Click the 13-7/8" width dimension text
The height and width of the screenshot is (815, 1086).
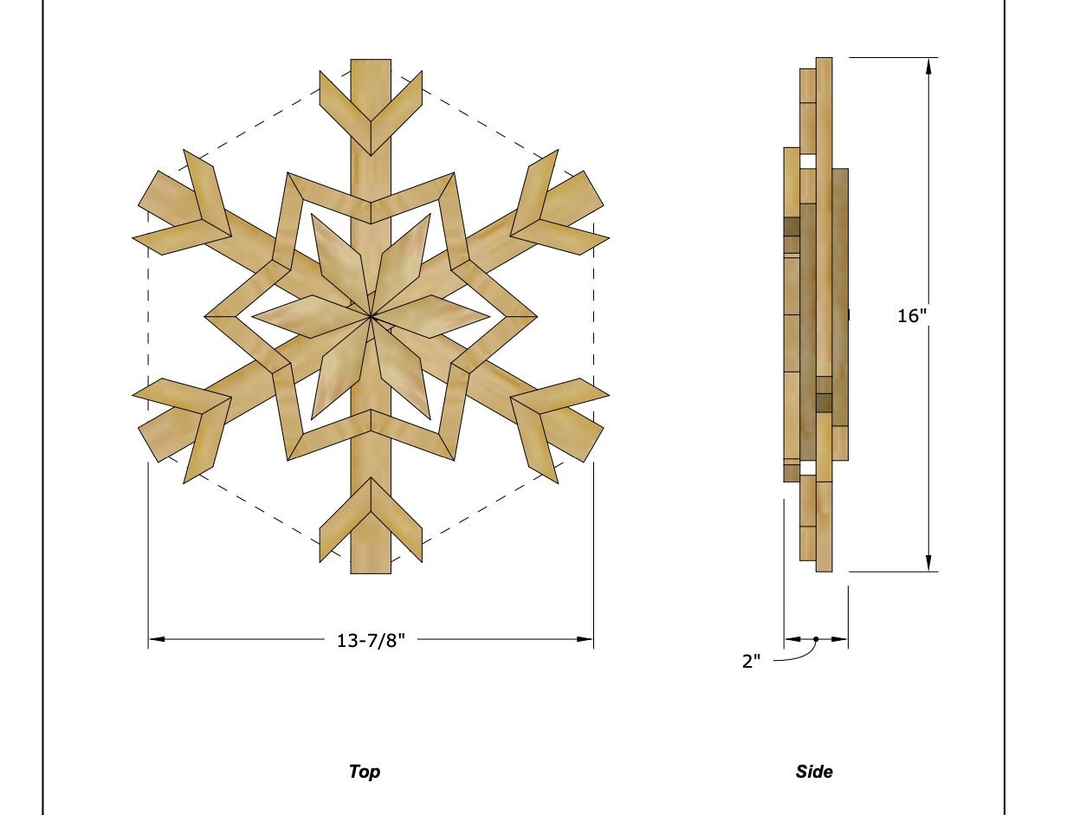click(x=371, y=641)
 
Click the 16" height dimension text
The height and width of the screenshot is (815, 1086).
click(x=912, y=316)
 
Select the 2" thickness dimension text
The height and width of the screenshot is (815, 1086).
click(x=752, y=662)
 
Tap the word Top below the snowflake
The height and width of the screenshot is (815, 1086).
click(x=364, y=771)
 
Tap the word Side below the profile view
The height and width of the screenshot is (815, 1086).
click(x=814, y=771)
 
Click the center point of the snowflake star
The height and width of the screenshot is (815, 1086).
click(x=371, y=318)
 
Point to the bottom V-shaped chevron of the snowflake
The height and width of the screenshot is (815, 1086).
click(x=371, y=520)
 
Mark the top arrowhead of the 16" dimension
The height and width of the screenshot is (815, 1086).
click(x=928, y=66)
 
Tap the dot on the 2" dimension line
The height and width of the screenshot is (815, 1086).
click(x=816, y=640)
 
